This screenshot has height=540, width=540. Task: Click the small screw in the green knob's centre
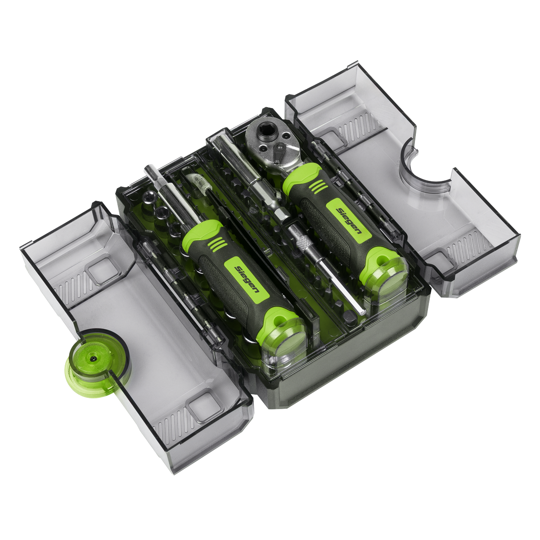[93, 358]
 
